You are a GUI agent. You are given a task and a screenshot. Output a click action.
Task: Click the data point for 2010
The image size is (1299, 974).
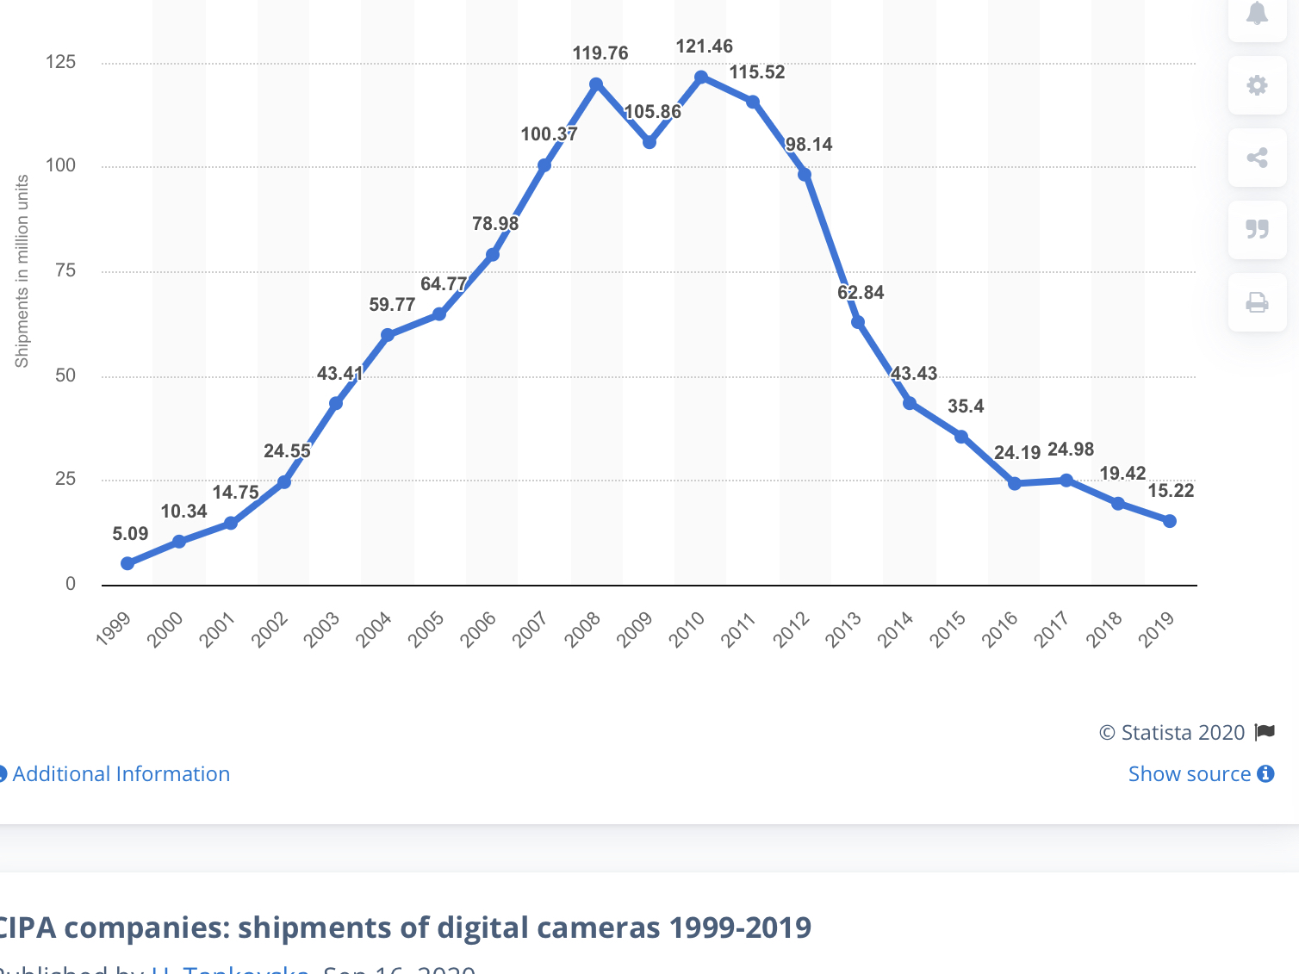(x=701, y=78)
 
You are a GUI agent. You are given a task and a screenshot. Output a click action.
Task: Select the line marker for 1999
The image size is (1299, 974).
(x=127, y=564)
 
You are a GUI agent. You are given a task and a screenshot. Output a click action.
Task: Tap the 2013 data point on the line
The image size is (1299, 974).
(x=858, y=322)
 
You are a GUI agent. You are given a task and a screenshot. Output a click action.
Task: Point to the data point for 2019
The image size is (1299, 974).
(x=1170, y=521)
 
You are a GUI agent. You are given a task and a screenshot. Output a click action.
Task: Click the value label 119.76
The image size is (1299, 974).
(x=600, y=53)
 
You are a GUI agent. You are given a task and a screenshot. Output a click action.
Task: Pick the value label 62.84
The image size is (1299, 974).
(x=861, y=293)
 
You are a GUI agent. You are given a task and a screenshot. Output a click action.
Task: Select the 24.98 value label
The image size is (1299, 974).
(x=1071, y=450)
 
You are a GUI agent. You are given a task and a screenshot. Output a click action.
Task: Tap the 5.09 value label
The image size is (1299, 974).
(x=130, y=534)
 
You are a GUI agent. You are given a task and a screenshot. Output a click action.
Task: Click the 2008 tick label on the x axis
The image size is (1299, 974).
(x=583, y=629)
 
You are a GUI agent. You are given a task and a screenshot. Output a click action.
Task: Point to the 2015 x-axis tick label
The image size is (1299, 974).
(x=948, y=629)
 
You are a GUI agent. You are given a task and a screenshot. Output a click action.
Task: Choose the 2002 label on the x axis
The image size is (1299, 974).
(x=270, y=629)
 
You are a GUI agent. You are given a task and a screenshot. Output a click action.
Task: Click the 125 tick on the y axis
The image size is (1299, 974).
(x=60, y=62)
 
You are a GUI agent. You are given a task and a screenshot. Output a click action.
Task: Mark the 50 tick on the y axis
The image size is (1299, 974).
(x=65, y=375)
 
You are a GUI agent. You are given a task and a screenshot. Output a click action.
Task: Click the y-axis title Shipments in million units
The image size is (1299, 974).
(x=22, y=271)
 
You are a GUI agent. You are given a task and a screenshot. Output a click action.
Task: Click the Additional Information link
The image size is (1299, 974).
(x=121, y=774)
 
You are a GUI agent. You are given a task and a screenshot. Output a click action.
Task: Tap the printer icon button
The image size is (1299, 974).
(x=1257, y=302)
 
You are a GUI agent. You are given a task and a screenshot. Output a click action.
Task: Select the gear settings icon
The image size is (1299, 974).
(x=1257, y=85)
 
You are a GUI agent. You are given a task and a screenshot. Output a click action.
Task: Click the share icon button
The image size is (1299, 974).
(x=1257, y=158)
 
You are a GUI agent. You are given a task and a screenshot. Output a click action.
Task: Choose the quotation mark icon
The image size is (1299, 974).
(x=1257, y=229)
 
